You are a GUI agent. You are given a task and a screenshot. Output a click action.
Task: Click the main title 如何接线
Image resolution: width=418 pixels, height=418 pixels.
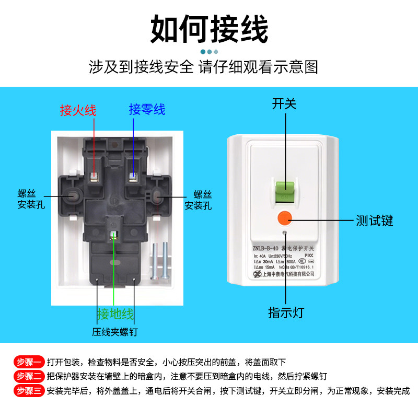coord(209,29)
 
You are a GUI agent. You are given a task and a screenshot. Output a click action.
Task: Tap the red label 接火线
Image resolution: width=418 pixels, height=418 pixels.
coord(78,110)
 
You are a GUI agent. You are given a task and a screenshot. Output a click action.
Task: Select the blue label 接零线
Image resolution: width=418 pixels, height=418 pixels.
coord(147,110)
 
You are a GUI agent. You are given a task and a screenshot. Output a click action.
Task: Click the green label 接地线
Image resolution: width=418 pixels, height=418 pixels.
coord(115,315)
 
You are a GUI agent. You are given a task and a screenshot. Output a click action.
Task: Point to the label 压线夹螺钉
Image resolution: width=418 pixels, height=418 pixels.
coord(115,332)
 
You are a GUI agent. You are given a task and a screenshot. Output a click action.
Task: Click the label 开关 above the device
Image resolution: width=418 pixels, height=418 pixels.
coord(284,103)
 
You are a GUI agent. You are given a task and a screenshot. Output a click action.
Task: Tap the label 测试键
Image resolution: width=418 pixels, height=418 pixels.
coord(374,220)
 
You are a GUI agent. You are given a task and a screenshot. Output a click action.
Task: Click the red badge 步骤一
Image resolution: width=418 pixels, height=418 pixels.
coord(28,362)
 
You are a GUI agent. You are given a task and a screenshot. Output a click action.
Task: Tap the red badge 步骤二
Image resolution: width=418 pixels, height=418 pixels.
coord(28,376)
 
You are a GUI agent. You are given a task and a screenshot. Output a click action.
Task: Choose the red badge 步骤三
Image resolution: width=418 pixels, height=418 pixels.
coord(28,390)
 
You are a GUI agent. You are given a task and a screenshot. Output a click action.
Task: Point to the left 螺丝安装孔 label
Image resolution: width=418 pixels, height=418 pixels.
coord(31,199)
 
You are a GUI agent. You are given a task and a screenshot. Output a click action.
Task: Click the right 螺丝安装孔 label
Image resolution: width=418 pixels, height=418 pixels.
coord(198,200)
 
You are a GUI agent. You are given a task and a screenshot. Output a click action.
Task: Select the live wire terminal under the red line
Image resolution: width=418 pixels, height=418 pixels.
coord(95,176)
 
